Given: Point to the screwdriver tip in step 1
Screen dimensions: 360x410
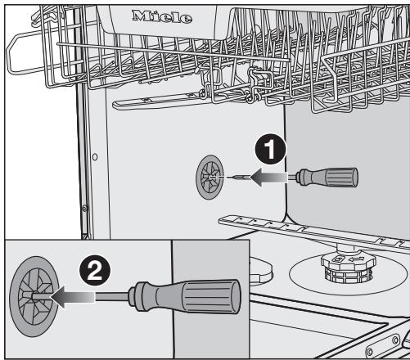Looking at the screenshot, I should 230,176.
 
